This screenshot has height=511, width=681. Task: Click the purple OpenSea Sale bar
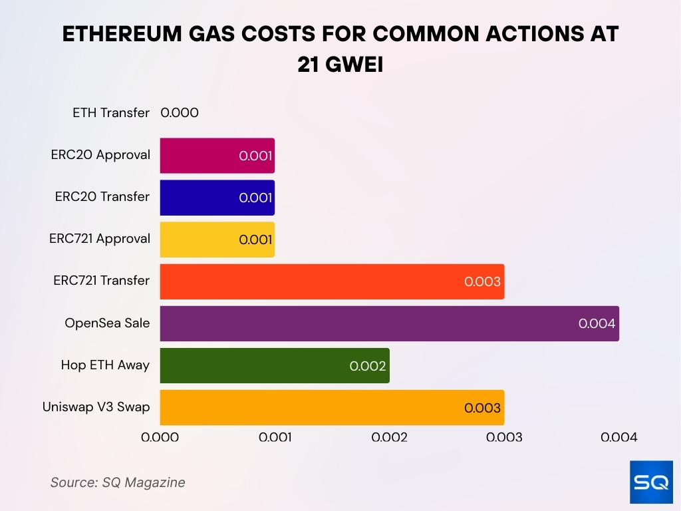pyautogui.click(x=389, y=323)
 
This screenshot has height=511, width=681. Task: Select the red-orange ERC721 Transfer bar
pyautogui.click(x=332, y=281)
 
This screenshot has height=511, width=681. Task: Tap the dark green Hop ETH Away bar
pyautogui.click(x=275, y=365)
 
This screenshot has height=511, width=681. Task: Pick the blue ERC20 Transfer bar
pyautogui.click(x=217, y=198)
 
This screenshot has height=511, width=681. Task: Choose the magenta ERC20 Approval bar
pyautogui.click(x=217, y=156)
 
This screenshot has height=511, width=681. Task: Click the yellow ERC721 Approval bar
pyautogui.click(x=217, y=240)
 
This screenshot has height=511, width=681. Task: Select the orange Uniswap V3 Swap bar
pyautogui.click(x=332, y=407)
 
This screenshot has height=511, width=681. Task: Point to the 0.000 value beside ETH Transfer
pyautogui.click(x=180, y=113)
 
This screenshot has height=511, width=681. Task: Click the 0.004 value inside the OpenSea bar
pyautogui.click(x=597, y=324)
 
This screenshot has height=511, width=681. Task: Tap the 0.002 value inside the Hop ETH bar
pyautogui.click(x=368, y=366)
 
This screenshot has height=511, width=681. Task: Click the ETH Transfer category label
pyautogui.click(x=111, y=113)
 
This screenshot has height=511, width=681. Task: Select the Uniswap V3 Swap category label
pyautogui.click(x=96, y=407)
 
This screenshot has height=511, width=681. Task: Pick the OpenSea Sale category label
pyautogui.click(x=107, y=323)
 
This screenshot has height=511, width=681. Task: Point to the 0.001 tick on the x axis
pyautogui.click(x=275, y=437)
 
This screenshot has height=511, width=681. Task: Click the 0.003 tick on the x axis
pyautogui.click(x=504, y=437)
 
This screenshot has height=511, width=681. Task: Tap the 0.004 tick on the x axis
pyautogui.click(x=618, y=437)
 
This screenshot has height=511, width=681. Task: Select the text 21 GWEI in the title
pyautogui.click(x=340, y=65)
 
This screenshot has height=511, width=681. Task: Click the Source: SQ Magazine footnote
pyautogui.click(x=118, y=482)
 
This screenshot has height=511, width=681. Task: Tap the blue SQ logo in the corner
pyautogui.click(x=651, y=482)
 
